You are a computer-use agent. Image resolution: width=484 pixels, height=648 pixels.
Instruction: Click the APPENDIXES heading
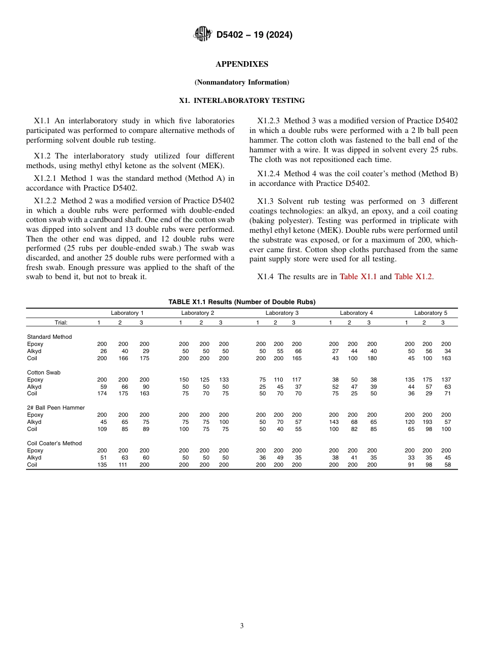[x=241, y=64]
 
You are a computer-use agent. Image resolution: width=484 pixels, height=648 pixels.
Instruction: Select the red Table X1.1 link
[x=358, y=277]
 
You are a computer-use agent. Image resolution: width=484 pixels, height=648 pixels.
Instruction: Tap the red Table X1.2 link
[x=413, y=277]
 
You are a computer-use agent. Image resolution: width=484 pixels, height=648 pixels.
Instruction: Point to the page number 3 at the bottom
[x=241, y=626]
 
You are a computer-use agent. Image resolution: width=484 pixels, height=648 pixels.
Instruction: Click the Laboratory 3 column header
[x=282, y=313]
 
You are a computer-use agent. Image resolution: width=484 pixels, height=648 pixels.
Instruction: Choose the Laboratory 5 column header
[x=431, y=313]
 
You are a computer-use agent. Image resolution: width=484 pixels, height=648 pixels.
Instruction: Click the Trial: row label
[x=61, y=322]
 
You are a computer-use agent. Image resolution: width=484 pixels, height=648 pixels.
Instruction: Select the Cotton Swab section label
[x=44, y=372]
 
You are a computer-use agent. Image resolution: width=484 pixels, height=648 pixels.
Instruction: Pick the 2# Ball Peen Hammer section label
[x=56, y=408]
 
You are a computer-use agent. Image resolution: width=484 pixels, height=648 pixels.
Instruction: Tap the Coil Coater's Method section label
[x=55, y=443]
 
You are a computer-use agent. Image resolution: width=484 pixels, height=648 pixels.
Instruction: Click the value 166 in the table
[x=123, y=358]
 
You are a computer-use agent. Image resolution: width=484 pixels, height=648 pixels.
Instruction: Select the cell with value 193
[x=427, y=422]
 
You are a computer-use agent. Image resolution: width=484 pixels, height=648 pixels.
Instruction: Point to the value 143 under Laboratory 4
[x=334, y=422]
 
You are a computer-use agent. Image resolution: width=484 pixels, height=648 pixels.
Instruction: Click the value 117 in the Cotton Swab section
[x=297, y=380]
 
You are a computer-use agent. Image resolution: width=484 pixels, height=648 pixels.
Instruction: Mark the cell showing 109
[x=102, y=429]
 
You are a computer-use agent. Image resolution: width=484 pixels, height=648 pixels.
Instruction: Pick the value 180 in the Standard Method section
[x=372, y=358]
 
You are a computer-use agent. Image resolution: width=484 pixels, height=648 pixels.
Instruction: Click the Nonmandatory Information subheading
[x=241, y=82]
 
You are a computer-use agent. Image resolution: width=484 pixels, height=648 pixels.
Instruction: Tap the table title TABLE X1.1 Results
[x=241, y=302]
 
